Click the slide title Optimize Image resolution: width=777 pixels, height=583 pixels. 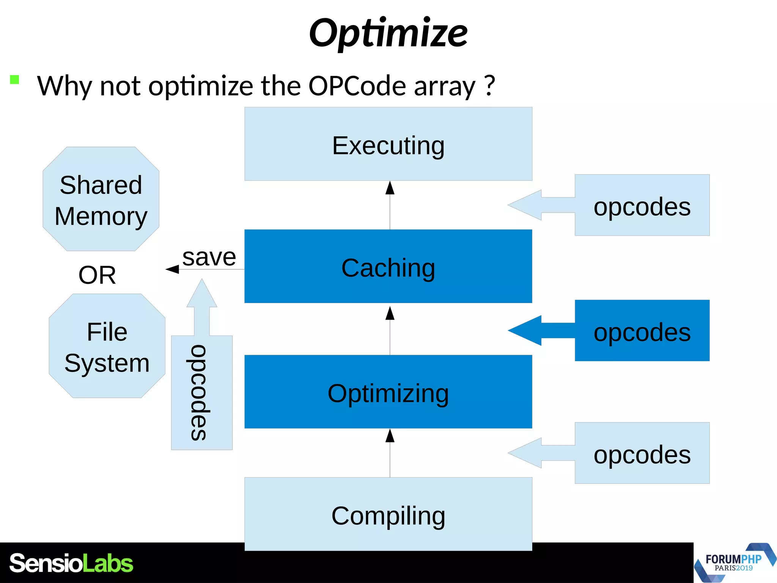click(x=388, y=33)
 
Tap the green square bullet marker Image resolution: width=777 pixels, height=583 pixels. click(x=14, y=79)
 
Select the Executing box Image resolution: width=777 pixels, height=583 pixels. click(x=388, y=144)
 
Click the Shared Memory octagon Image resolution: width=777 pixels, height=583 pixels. click(x=101, y=199)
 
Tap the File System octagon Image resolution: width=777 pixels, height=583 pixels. click(x=107, y=346)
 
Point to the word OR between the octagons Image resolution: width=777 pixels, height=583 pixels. click(x=97, y=275)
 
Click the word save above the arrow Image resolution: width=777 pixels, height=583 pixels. click(x=209, y=257)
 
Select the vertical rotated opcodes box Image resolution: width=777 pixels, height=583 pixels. click(x=201, y=392)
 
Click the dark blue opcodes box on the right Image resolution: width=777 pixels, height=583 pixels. click(x=642, y=331)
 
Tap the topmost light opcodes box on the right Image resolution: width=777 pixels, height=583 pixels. click(x=642, y=205)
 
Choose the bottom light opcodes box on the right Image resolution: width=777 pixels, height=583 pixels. click(x=642, y=453)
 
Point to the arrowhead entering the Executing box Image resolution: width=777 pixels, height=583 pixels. click(x=390, y=188)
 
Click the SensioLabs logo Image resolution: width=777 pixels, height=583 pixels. click(x=71, y=563)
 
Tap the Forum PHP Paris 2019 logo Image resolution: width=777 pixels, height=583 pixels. click(x=734, y=563)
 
